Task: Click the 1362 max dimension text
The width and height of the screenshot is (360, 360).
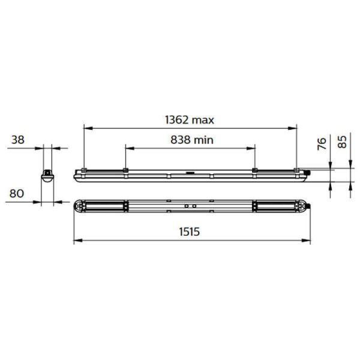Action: [x=189, y=119]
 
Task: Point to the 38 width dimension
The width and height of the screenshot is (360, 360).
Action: [x=17, y=139]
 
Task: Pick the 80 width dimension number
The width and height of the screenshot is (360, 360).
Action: [x=17, y=193]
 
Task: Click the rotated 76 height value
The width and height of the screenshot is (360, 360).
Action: [x=322, y=143]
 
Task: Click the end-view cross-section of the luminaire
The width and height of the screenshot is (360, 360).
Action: [x=46, y=175]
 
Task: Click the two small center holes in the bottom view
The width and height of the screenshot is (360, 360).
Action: [x=190, y=205]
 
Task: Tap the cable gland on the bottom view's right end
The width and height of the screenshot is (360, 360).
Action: [x=310, y=205]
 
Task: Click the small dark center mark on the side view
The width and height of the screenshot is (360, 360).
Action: [x=190, y=172]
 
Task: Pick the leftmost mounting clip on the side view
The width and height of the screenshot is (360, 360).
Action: [x=85, y=170]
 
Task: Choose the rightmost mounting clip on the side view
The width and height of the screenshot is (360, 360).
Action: [x=296, y=170]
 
